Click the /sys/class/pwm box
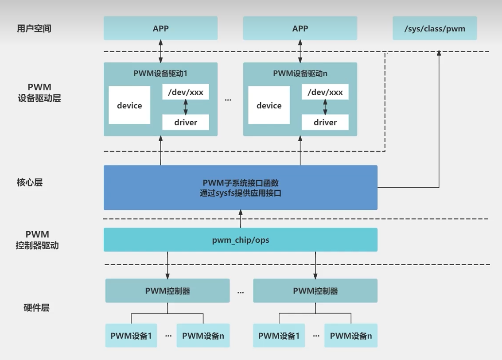434,28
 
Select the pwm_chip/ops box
240,240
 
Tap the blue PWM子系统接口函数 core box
240,187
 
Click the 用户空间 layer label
37,29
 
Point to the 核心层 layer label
30,182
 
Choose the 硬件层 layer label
36,308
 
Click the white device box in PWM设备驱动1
129,105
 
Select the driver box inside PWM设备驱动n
325,122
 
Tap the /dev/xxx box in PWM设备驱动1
185,93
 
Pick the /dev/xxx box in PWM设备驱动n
325,93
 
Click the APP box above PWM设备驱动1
160,28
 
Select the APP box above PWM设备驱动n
300,28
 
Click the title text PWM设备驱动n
300,73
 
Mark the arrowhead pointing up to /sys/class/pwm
439,53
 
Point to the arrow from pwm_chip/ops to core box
240,219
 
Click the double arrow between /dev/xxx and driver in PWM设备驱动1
186,107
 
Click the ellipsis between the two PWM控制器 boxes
241,292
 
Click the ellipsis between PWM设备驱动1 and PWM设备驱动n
228,100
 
